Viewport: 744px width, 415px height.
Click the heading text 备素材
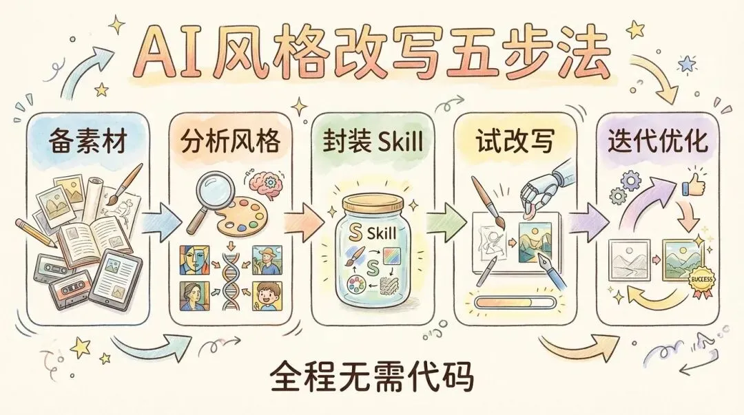pyautogui.click(x=87, y=142)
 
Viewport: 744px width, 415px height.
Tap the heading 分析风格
pyautogui.click(x=230, y=141)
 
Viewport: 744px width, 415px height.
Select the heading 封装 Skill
pyautogui.click(x=373, y=141)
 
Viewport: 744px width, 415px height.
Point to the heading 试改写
pyautogui.click(x=515, y=141)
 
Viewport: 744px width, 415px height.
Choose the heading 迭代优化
pyautogui.click(x=658, y=141)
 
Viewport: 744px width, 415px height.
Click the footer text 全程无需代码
pyautogui.click(x=372, y=377)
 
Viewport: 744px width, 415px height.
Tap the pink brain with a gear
pyautogui.click(x=265, y=184)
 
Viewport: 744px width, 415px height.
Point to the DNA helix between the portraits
pyautogui.click(x=231, y=277)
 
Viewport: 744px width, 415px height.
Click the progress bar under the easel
pyautogui.click(x=515, y=302)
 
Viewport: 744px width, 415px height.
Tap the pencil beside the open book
pyautogui.click(x=36, y=233)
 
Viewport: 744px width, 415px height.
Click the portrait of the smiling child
pyautogui.click(x=267, y=296)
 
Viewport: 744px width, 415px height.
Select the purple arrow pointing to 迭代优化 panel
pyautogui.click(x=588, y=221)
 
